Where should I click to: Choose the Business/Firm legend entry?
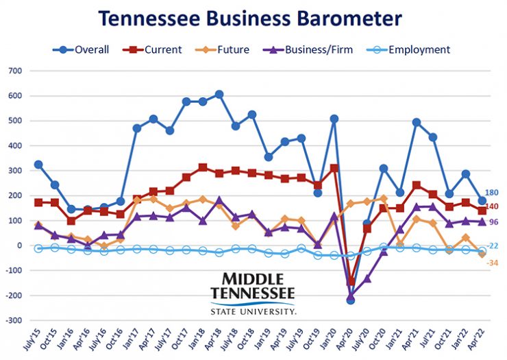[x=308, y=49]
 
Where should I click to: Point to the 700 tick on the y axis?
[x=14, y=71]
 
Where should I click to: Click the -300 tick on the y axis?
[x=13, y=320]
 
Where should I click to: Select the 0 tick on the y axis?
[x=20, y=245]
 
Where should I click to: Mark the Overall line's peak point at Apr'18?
[x=219, y=94]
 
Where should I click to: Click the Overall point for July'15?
[x=38, y=165]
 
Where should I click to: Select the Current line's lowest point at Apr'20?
[x=351, y=281]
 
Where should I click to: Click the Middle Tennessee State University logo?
[x=253, y=292]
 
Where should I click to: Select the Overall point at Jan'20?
[x=334, y=119]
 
